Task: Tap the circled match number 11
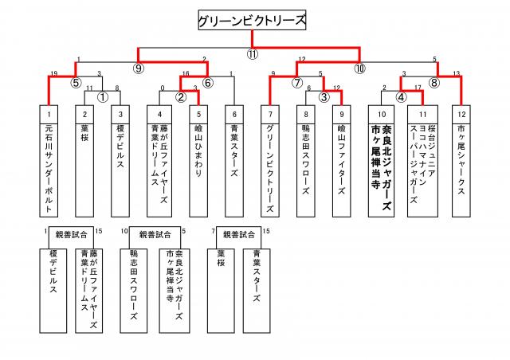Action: coord(252,55)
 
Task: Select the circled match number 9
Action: coord(139,68)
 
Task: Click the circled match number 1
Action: coord(103,96)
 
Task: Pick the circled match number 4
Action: coord(402,96)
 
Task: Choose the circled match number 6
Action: coord(208,82)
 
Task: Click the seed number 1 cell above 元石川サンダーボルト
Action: coord(49,115)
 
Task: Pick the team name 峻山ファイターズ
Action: coord(341,160)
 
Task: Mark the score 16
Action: coord(185,73)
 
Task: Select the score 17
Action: coord(418,87)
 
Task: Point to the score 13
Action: coord(455,73)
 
